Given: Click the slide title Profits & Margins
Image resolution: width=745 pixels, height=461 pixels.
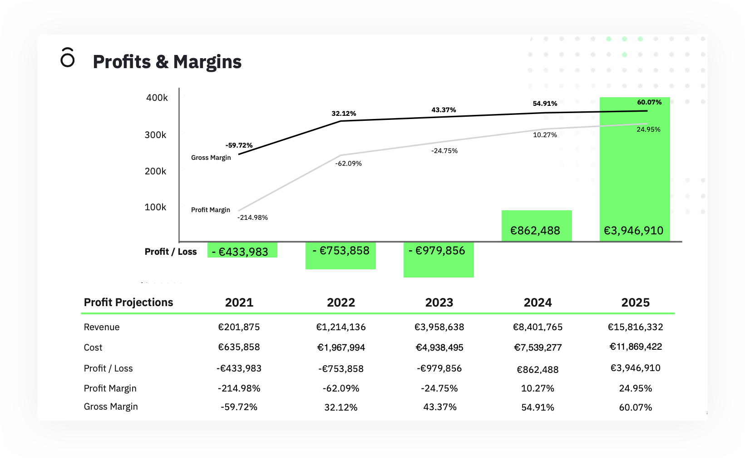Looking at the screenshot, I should point(167,62).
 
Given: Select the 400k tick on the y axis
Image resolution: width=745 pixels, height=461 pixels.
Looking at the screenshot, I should point(157,98).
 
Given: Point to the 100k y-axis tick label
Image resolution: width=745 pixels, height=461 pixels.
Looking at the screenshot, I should point(155,207).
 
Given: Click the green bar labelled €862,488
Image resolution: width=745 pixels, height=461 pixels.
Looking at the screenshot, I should point(536,226).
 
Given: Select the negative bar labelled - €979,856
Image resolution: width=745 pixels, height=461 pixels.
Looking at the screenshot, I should point(438,259).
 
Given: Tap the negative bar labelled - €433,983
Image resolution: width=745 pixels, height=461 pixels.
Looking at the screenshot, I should point(242,250).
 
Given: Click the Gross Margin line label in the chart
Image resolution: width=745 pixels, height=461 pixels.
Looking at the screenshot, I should point(211,158).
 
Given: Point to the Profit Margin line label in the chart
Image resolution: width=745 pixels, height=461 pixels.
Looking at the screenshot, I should point(210,210).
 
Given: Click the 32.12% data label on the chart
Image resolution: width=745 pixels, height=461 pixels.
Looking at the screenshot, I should point(344,114).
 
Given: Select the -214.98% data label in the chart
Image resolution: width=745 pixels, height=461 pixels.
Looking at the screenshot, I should point(252,218).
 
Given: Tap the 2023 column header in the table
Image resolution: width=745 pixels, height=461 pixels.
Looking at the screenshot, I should point(439,302).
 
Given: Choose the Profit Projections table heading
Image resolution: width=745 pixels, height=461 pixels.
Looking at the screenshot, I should point(128,302).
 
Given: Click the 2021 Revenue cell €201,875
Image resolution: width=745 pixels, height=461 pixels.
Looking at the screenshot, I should point(239,327).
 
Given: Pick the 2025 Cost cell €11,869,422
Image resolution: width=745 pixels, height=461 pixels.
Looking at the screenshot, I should point(635,347).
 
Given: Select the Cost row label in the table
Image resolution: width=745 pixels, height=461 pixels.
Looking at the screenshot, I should point(93,347).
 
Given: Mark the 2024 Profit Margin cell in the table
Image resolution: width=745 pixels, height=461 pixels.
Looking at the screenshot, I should point(538,388).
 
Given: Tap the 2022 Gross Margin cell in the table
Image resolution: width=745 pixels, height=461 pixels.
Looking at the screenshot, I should point(340,407).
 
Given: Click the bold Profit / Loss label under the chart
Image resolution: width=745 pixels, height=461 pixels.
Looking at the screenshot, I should point(170,252).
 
